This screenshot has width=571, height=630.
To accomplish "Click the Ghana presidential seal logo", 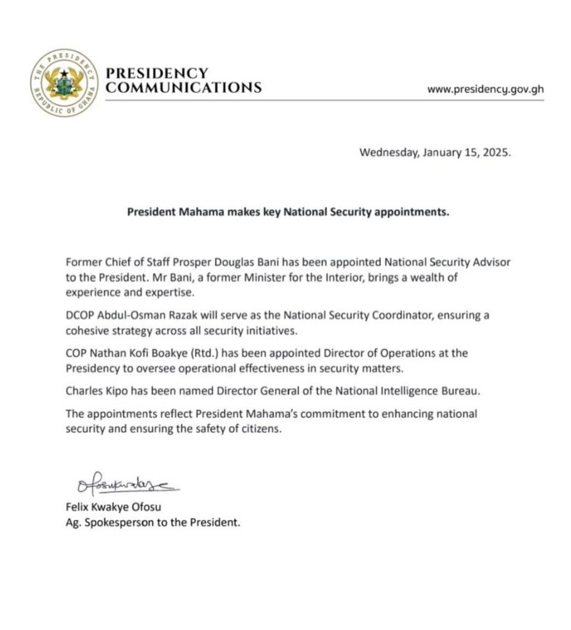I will coord(65,82).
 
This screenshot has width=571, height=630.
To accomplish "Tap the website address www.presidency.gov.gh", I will coord(485,89).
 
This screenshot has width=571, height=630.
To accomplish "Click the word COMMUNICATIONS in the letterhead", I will coord(183,88).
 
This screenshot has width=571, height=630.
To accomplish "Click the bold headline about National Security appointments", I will coord(289,212).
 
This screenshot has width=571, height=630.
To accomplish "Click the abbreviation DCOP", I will coord(78,316).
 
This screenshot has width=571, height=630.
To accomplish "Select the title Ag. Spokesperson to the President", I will coord(152,524).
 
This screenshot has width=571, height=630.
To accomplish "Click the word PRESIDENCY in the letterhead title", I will coord(157,73).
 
